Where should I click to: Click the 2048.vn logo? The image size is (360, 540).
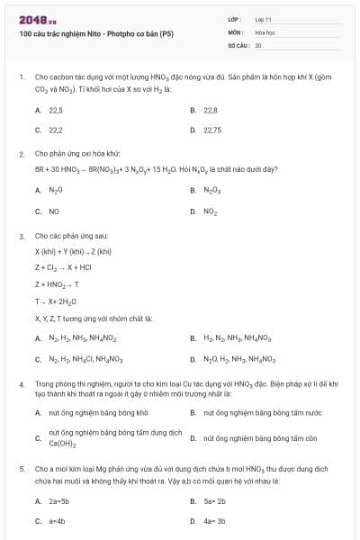(x=35, y=18)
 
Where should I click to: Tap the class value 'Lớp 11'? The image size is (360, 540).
(x=264, y=18)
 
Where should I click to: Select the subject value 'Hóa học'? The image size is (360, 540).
(x=265, y=31)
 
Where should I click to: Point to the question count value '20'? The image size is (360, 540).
(x=258, y=44)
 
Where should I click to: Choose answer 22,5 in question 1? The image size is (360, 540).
(x=56, y=110)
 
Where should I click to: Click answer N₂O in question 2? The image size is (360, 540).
(x=56, y=190)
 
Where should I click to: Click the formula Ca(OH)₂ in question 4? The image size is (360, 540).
(x=62, y=444)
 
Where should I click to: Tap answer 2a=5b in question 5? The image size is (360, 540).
(x=60, y=500)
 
